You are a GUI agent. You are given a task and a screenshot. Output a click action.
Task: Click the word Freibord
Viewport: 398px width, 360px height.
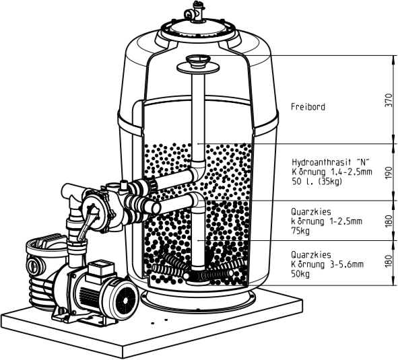(308, 107)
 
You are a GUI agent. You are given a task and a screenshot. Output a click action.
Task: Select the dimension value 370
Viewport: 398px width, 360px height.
(389, 100)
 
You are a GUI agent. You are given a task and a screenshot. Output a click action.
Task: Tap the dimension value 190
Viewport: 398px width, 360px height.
(389, 173)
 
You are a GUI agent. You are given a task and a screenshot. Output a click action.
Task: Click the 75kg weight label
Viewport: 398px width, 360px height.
(300, 231)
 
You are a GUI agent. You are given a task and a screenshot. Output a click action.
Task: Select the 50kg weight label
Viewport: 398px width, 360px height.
(300, 274)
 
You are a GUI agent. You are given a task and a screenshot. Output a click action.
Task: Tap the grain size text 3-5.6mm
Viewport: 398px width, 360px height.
(346, 264)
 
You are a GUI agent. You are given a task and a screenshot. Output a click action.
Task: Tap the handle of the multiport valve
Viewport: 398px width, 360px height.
(86, 223)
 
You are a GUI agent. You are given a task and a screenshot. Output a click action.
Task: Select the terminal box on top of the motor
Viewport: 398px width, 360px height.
(100, 271)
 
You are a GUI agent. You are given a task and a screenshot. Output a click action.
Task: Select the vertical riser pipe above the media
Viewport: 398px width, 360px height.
(198, 116)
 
